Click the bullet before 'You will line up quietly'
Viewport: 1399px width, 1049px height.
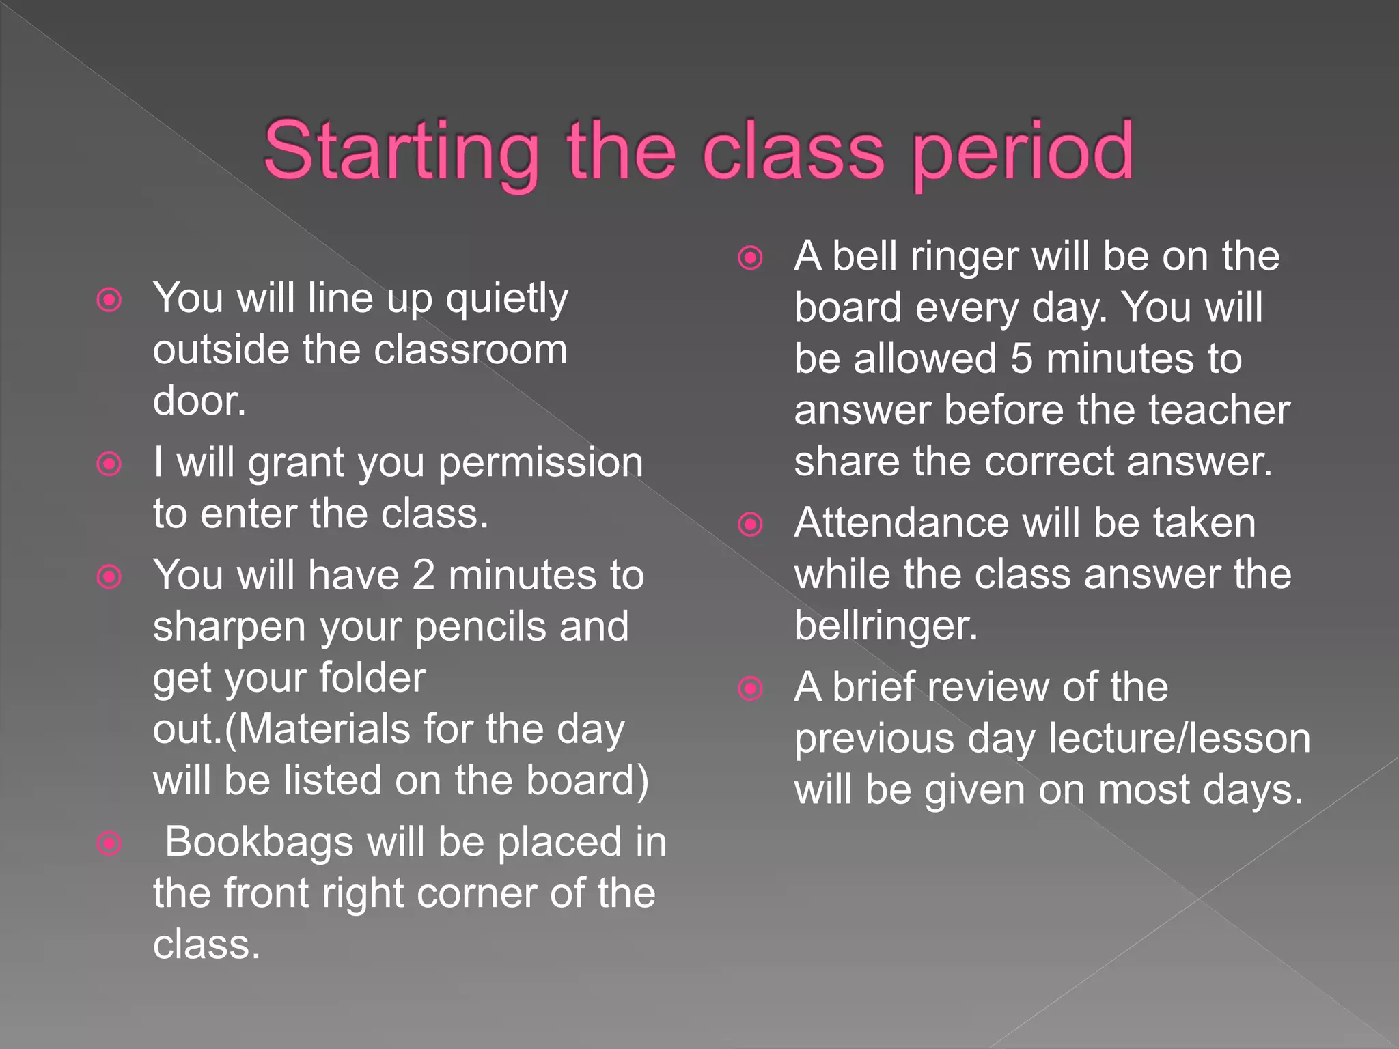tap(109, 300)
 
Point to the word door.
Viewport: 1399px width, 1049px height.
tap(199, 401)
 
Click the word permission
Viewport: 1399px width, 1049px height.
tap(540, 464)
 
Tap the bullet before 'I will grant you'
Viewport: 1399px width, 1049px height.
tap(109, 464)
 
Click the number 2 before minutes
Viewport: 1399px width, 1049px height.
tap(424, 575)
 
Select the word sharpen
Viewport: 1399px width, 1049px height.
tap(230, 628)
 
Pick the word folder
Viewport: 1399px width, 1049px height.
tap(372, 678)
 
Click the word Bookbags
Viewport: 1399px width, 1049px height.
tap(259, 842)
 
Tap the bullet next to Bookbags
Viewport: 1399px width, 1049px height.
tap(109, 843)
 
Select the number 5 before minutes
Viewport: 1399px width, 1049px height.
tap(1021, 359)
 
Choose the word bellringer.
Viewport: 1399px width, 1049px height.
tap(885, 626)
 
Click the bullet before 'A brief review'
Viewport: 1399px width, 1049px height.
tap(751, 688)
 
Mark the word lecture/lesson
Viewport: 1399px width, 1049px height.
tap(1179, 739)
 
